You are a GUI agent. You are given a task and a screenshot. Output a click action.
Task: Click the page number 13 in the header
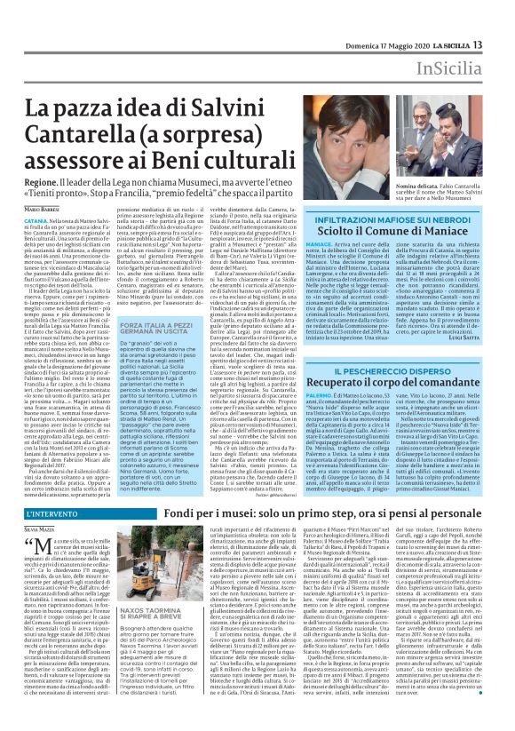tap(502, 20)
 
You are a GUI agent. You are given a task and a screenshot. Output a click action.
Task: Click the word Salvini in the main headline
tap(235, 86)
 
